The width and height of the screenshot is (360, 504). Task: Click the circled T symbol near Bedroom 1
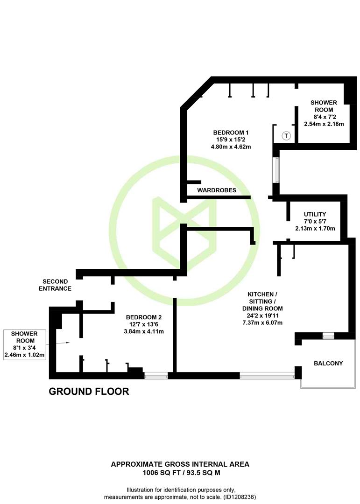(286, 136)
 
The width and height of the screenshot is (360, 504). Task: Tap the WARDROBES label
(217, 190)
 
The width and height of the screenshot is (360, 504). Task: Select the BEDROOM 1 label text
(231, 133)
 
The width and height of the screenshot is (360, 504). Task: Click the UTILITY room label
(315, 214)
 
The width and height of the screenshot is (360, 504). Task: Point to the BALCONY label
(328, 363)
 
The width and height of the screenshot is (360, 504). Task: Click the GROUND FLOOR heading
(89, 391)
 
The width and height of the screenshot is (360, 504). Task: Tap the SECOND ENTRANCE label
(55, 285)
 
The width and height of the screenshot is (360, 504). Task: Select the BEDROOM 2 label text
(144, 317)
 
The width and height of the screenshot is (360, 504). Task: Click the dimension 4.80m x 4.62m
(231, 147)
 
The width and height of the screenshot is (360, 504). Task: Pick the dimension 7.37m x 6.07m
(262, 322)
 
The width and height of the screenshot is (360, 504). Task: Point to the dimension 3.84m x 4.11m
(144, 331)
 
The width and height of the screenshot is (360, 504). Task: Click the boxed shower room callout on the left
(24, 344)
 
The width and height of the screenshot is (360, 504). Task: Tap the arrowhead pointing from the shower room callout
(68, 343)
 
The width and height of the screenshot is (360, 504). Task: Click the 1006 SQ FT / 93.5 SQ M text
(182, 472)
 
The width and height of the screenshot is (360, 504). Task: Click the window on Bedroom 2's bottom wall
(156, 375)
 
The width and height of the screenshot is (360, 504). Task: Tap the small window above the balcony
(328, 336)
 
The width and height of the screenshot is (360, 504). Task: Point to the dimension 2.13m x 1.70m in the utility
(315, 229)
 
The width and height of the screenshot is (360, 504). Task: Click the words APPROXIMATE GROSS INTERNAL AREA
(180, 464)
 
